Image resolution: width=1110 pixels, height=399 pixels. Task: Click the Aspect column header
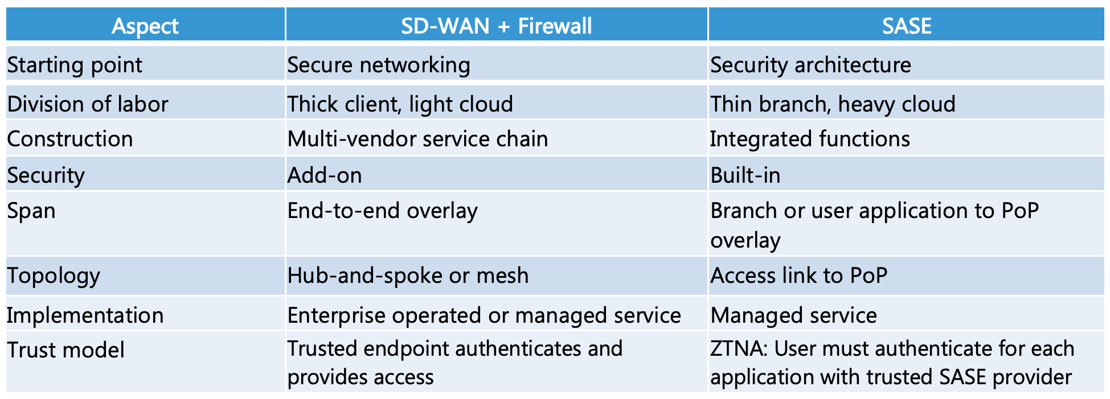[145, 26]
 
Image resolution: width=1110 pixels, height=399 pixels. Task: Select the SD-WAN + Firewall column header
[496, 26]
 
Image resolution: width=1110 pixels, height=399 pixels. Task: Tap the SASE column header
[906, 26]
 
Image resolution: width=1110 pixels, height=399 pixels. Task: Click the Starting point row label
[75, 65]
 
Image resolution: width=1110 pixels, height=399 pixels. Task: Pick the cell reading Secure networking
[379, 65]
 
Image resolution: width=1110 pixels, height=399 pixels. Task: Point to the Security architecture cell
[810, 65]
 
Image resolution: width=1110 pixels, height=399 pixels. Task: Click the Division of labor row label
[88, 104]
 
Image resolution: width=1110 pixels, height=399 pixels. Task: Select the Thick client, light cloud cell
[400, 104]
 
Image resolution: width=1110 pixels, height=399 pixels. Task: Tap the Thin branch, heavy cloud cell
[832, 104]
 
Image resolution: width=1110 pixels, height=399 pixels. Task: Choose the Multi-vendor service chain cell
[417, 139]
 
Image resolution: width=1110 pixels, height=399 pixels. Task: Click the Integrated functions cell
[809, 139]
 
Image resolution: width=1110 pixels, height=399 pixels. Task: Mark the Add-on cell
[325, 175]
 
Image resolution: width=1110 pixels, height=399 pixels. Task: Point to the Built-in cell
[745, 175]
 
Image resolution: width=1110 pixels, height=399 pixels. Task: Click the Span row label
[31, 211]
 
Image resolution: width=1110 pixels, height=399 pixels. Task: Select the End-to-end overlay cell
[382, 211]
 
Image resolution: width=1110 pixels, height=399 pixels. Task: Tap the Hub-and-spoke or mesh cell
[408, 275]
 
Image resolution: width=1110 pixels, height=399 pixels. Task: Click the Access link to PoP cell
[798, 275]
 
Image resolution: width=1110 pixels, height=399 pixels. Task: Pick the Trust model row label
[65, 350]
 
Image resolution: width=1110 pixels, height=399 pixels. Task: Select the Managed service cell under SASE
[793, 315]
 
